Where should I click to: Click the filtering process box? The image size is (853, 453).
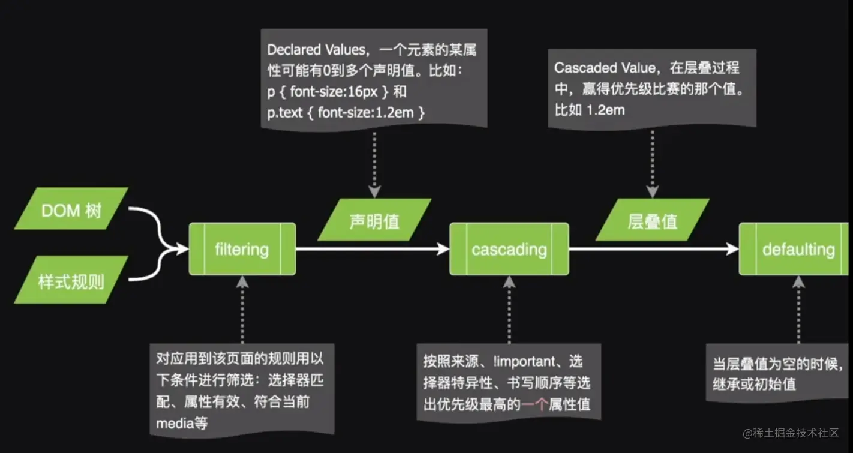click(242, 249)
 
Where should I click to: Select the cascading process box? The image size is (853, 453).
click(509, 249)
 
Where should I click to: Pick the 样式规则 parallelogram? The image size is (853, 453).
click(70, 280)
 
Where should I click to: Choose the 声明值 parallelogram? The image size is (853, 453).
click(374, 220)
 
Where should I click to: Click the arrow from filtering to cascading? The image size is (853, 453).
click(372, 249)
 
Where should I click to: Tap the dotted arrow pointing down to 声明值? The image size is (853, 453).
click(374, 162)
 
